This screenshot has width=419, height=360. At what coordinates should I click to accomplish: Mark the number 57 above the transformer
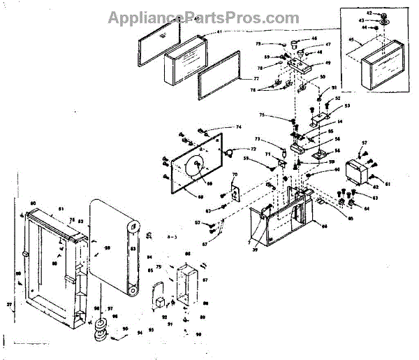[x=364, y=143]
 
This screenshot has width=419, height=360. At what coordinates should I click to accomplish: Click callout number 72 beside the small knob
[x=253, y=150]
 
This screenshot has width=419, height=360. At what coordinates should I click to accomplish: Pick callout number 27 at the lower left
[x=10, y=305]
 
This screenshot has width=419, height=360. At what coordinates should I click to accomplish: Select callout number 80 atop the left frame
[x=32, y=203]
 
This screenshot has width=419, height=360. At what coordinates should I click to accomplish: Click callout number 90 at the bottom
[x=198, y=335]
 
